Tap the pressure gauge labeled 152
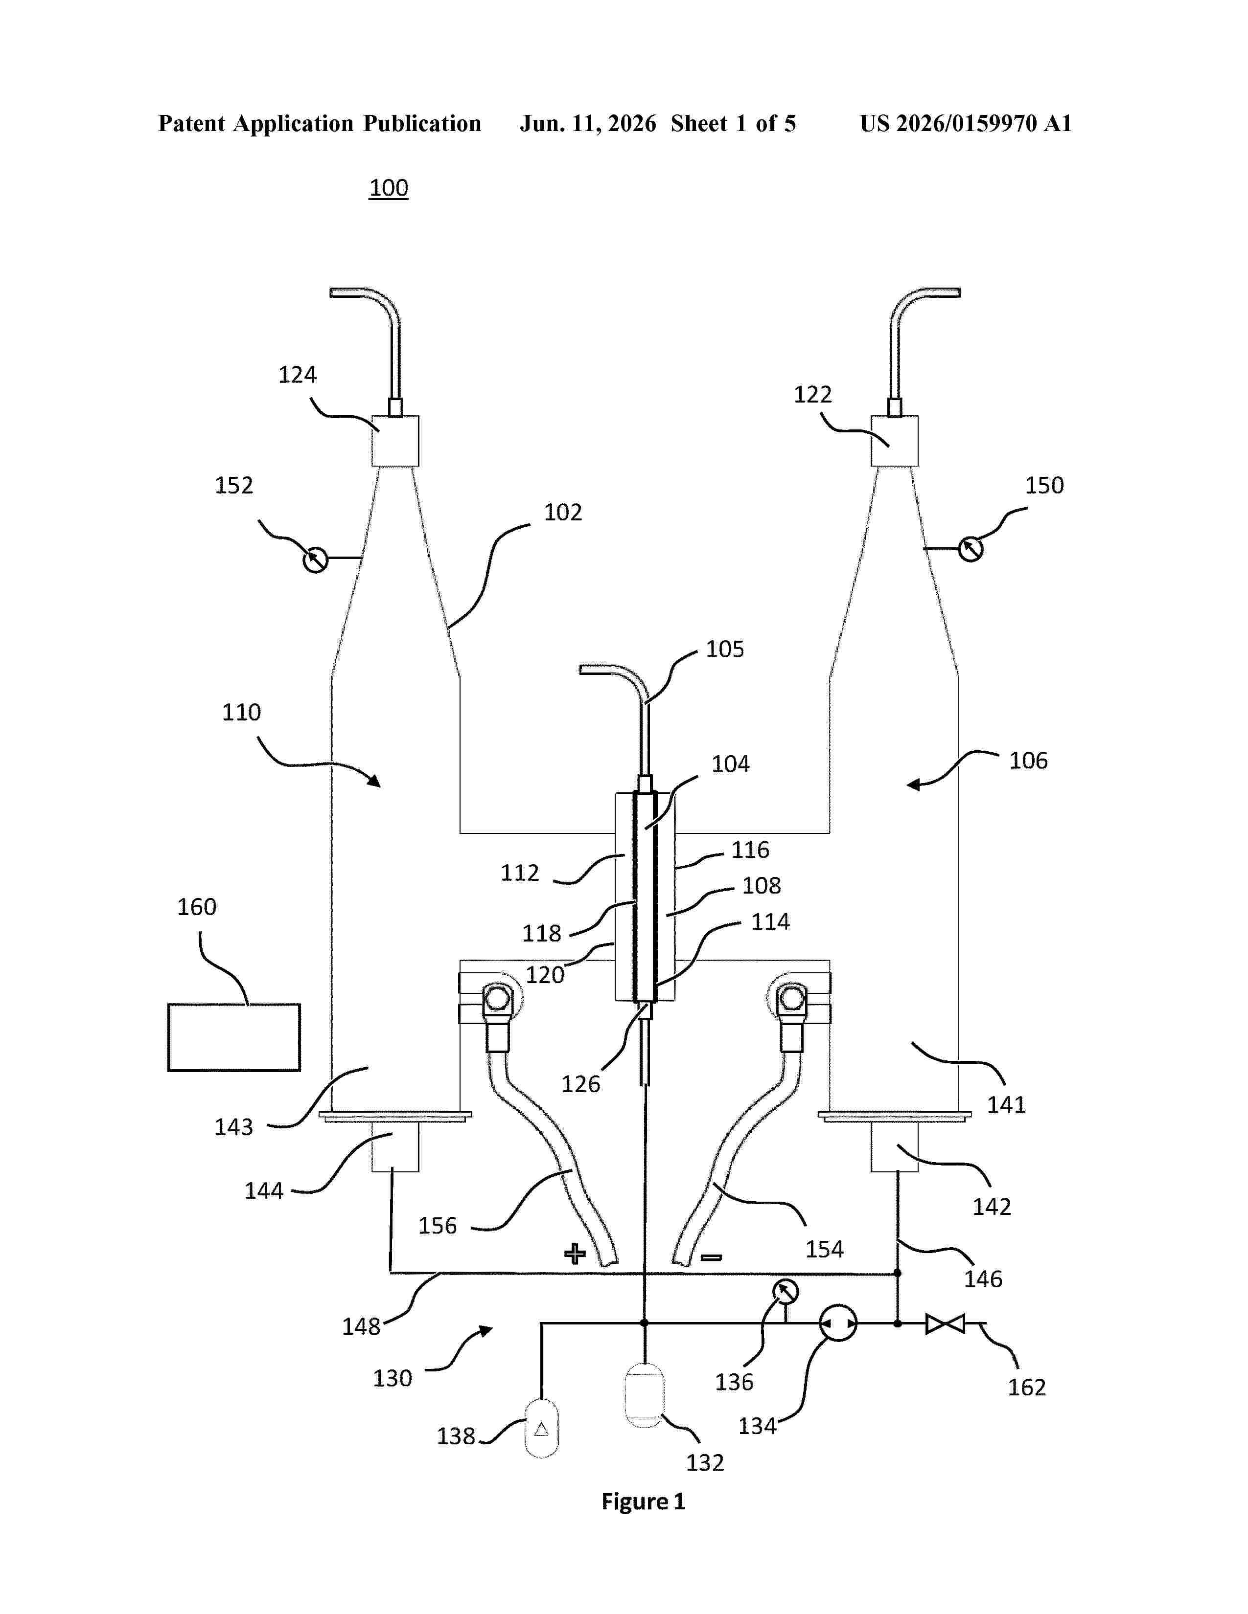point(316,560)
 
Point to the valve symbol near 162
point(945,1323)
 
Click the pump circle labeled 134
point(838,1323)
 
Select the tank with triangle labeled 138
point(541,1429)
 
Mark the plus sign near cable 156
point(575,1254)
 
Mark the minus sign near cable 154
point(711,1257)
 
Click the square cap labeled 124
point(395,441)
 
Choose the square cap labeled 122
point(895,441)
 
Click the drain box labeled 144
point(395,1147)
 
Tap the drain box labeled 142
point(895,1147)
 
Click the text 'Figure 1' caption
point(643,1502)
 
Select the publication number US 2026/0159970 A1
point(966,123)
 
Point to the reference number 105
point(724,649)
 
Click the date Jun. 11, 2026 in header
point(588,123)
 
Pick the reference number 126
point(580,1084)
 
